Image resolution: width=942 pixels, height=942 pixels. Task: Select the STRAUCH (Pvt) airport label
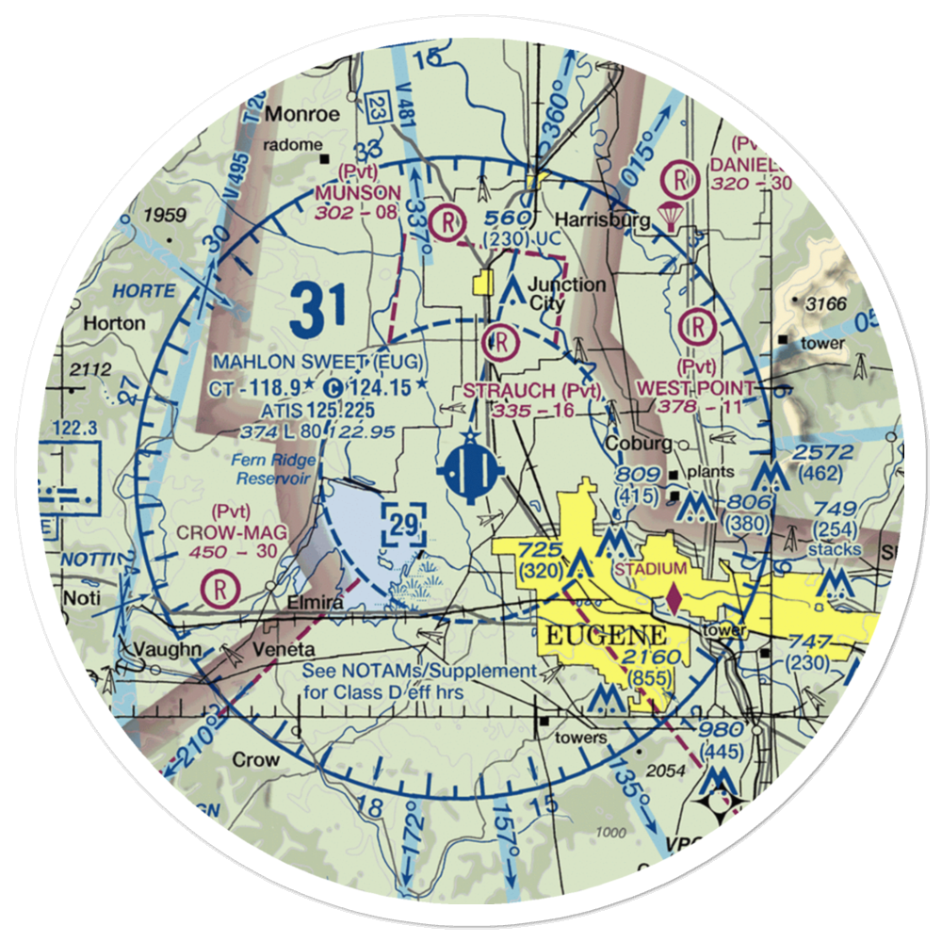click(529, 389)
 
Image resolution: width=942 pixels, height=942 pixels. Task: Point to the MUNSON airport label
click(358, 193)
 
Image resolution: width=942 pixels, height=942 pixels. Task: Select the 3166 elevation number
click(825, 303)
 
